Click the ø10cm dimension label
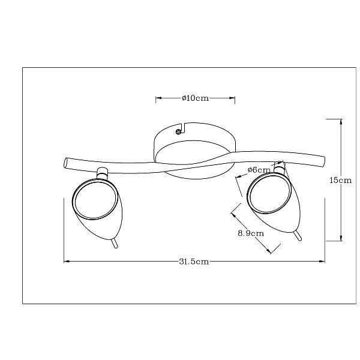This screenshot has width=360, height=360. point(196,98)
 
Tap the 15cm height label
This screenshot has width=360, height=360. point(340,180)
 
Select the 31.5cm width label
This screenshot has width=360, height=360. point(194,262)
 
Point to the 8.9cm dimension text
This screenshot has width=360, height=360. point(251,233)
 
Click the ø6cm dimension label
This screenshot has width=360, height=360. point(259,170)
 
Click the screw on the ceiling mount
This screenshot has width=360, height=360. point(178,131)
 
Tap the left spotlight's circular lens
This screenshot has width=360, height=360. point(95,199)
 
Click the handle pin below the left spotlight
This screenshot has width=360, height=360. point(114,244)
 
